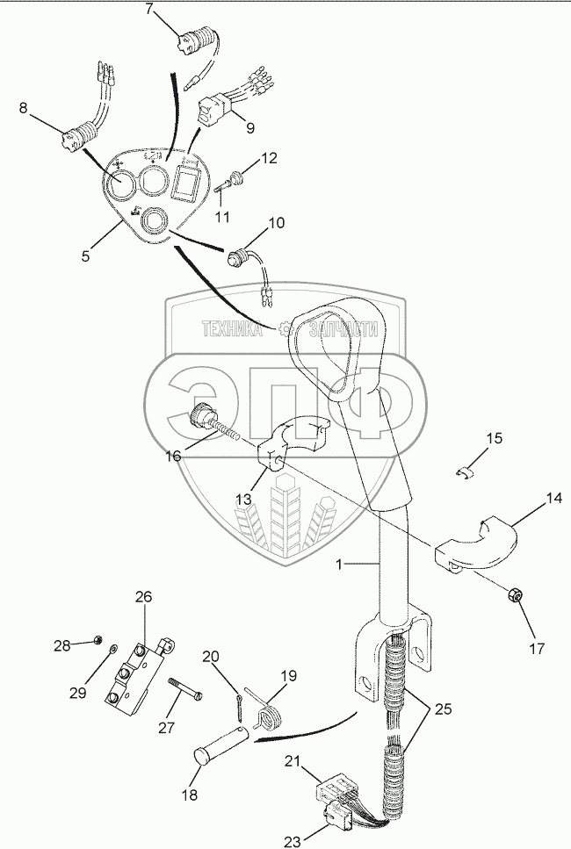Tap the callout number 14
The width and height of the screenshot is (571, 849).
tap(553, 498)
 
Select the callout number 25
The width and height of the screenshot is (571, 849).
tap(443, 709)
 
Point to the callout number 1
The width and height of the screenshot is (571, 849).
tap(338, 565)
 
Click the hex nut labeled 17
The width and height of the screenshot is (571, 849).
tap(513, 595)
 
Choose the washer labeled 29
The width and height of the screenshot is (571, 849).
tap(112, 648)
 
